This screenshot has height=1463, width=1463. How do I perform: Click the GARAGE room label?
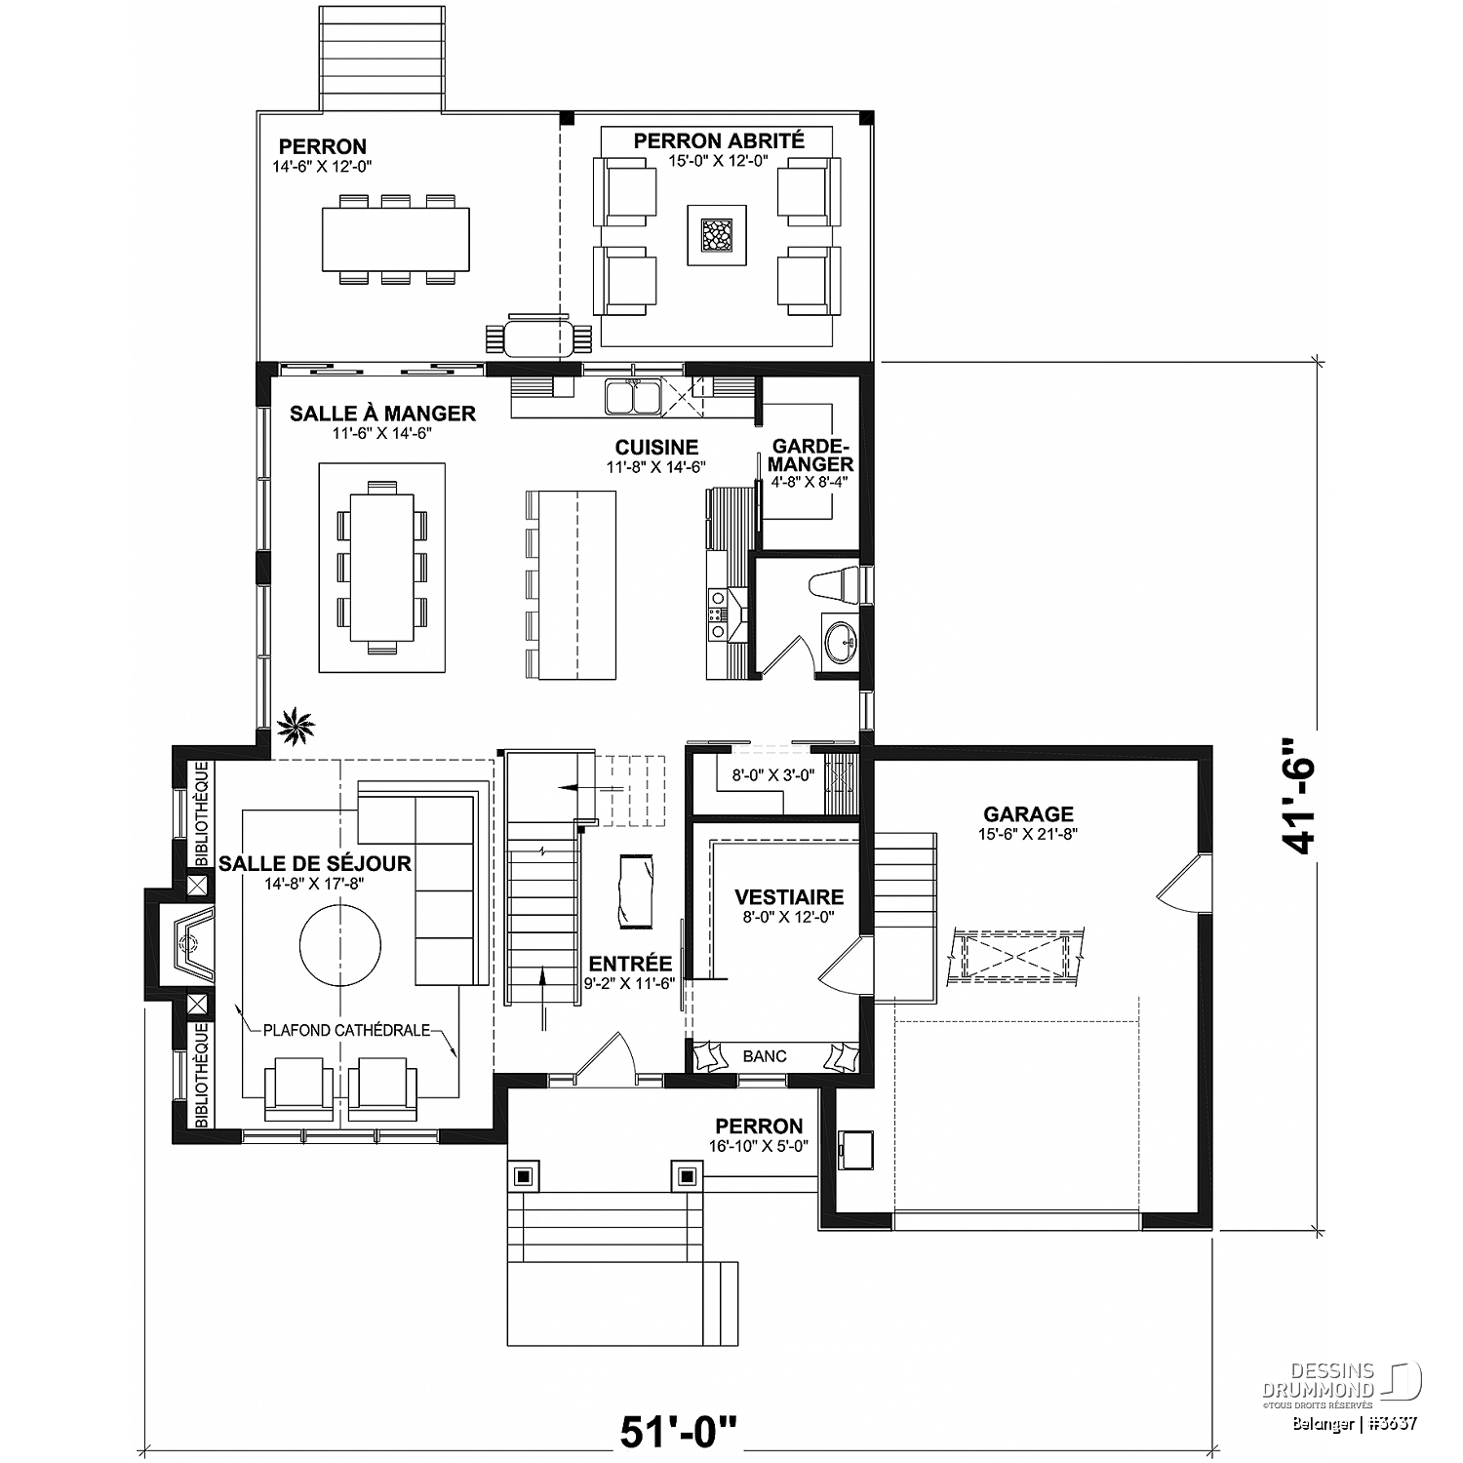point(1028,813)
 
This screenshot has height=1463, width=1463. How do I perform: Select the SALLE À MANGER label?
point(382,414)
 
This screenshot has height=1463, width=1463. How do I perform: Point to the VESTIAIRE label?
point(789,897)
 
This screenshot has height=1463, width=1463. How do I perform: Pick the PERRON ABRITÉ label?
point(719,141)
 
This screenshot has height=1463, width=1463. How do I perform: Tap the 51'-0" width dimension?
point(679,1432)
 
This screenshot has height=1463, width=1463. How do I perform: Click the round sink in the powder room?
point(839,641)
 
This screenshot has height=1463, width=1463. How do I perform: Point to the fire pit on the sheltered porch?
point(717,234)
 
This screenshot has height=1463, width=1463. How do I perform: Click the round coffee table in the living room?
point(340,947)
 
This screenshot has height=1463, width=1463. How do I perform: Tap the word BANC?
point(765,1055)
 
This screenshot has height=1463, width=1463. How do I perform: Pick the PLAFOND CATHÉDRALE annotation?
point(346,1031)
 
